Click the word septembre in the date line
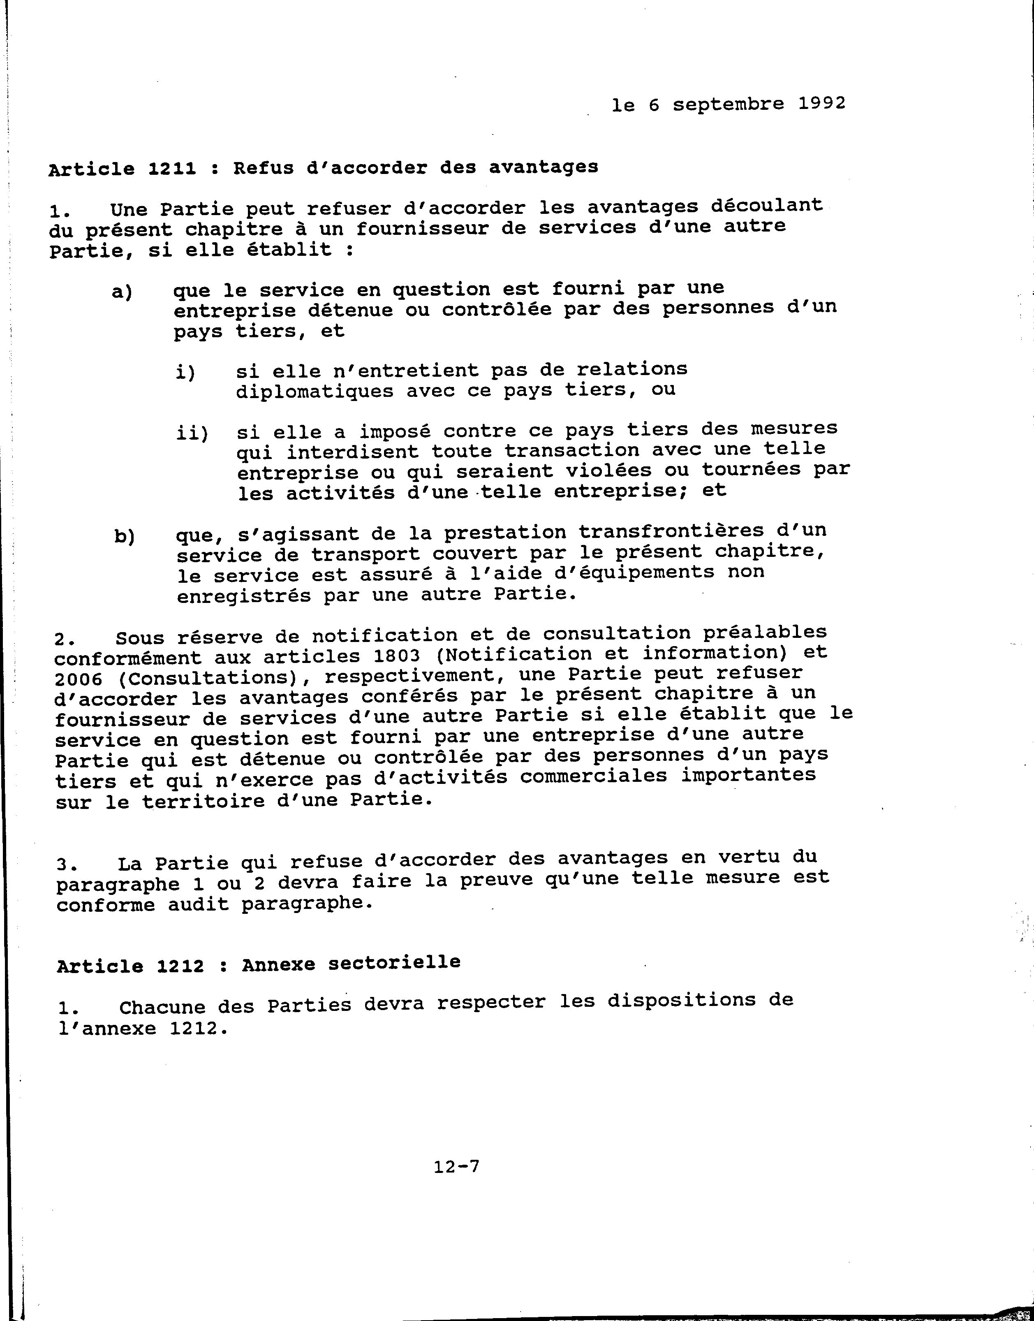tap(728, 104)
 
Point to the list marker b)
tap(124, 537)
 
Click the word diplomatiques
tap(314, 391)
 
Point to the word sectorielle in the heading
tap(394, 962)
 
